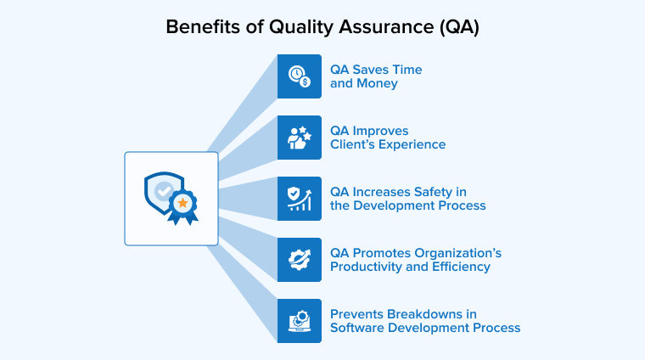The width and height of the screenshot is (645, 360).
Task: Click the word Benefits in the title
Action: pos(197,26)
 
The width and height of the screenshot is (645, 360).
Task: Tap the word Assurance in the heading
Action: pos(384,26)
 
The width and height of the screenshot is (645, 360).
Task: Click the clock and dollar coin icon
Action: pos(300,76)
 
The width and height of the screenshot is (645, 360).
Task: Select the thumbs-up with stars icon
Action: pos(300,138)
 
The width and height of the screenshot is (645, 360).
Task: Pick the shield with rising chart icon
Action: pos(300,199)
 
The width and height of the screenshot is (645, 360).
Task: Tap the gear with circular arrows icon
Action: pos(300,260)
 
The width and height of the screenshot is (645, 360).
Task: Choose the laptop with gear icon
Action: pos(300,321)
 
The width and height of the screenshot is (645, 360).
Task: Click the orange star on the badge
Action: pos(182,202)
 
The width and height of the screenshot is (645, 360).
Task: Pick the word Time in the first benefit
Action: pos(406,70)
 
